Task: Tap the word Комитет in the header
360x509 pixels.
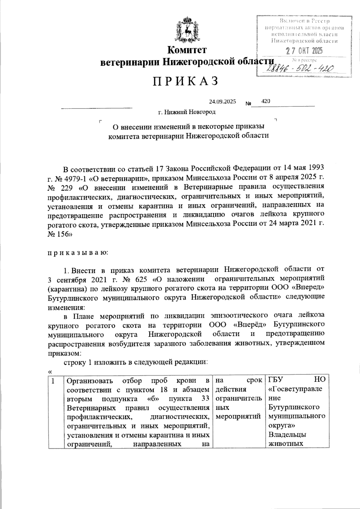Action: click(x=187, y=50)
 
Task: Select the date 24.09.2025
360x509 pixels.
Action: click(x=222, y=101)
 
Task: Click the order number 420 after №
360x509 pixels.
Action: click(x=266, y=101)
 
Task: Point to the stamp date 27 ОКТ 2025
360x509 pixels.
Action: click(x=304, y=51)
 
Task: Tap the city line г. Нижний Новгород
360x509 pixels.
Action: click(x=187, y=112)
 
